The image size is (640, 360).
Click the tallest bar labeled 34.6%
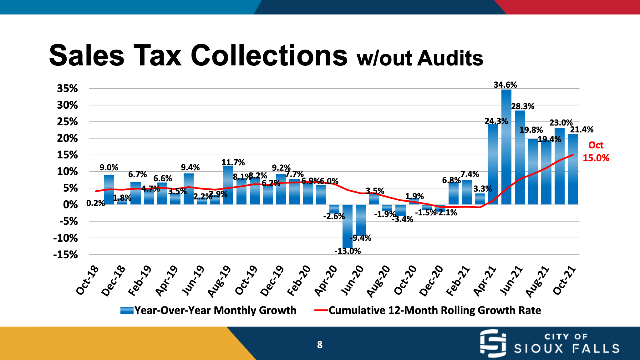pyautogui.click(x=506, y=147)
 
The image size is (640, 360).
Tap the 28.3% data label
pyautogui.click(x=523, y=106)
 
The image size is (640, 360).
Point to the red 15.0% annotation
pyautogui.click(x=596, y=158)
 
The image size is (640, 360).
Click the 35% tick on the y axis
pyautogui.click(x=67, y=89)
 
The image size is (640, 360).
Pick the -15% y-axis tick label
pyautogui.click(x=65, y=255)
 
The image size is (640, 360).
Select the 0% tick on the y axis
pyautogui.click(x=70, y=205)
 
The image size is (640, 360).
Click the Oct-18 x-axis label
pyautogui.click(x=88, y=280)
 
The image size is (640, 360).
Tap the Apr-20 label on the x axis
pyautogui.click(x=326, y=280)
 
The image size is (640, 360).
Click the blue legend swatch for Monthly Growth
pyautogui.click(x=127, y=310)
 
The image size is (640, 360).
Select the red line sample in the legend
pyautogui.click(x=321, y=310)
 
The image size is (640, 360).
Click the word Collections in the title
pyautogui.click(x=269, y=55)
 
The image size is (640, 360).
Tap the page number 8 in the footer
pyautogui.click(x=320, y=345)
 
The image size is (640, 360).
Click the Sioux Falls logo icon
pyautogui.click(x=493, y=343)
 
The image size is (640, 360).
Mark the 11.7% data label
pyautogui.click(x=233, y=162)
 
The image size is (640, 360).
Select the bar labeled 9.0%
pyautogui.click(x=109, y=190)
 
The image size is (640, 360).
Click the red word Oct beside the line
pyautogui.click(x=596, y=145)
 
